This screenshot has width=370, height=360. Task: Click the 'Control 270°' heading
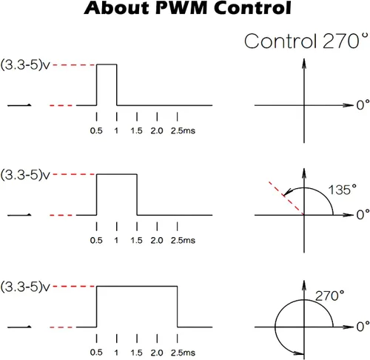click(306, 41)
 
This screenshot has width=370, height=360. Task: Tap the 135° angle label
click(342, 190)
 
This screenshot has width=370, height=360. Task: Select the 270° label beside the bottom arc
click(329, 296)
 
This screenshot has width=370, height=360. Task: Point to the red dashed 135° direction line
click(286, 199)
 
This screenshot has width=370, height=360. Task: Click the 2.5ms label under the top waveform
click(183, 130)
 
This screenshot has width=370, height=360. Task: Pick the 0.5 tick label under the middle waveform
click(96, 240)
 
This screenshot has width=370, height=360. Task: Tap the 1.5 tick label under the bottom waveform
click(137, 353)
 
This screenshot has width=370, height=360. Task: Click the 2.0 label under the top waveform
click(157, 130)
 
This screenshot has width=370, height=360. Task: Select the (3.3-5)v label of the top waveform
click(25, 65)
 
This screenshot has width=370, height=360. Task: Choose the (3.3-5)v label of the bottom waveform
click(25, 287)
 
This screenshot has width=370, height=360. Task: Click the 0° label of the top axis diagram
click(363, 104)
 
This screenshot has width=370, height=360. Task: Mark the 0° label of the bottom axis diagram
click(363, 327)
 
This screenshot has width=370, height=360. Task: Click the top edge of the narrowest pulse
click(107, 64)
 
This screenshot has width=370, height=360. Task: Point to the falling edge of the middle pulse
click(137, 195)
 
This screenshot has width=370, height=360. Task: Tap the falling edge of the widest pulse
click(178, 307)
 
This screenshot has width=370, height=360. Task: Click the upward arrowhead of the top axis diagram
click(304, 63)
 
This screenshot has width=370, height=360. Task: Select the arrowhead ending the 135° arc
click(288, 192)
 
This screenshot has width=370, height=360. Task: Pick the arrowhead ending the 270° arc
click(299, 353)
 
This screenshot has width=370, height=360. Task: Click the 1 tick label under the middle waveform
click(116, 240)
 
